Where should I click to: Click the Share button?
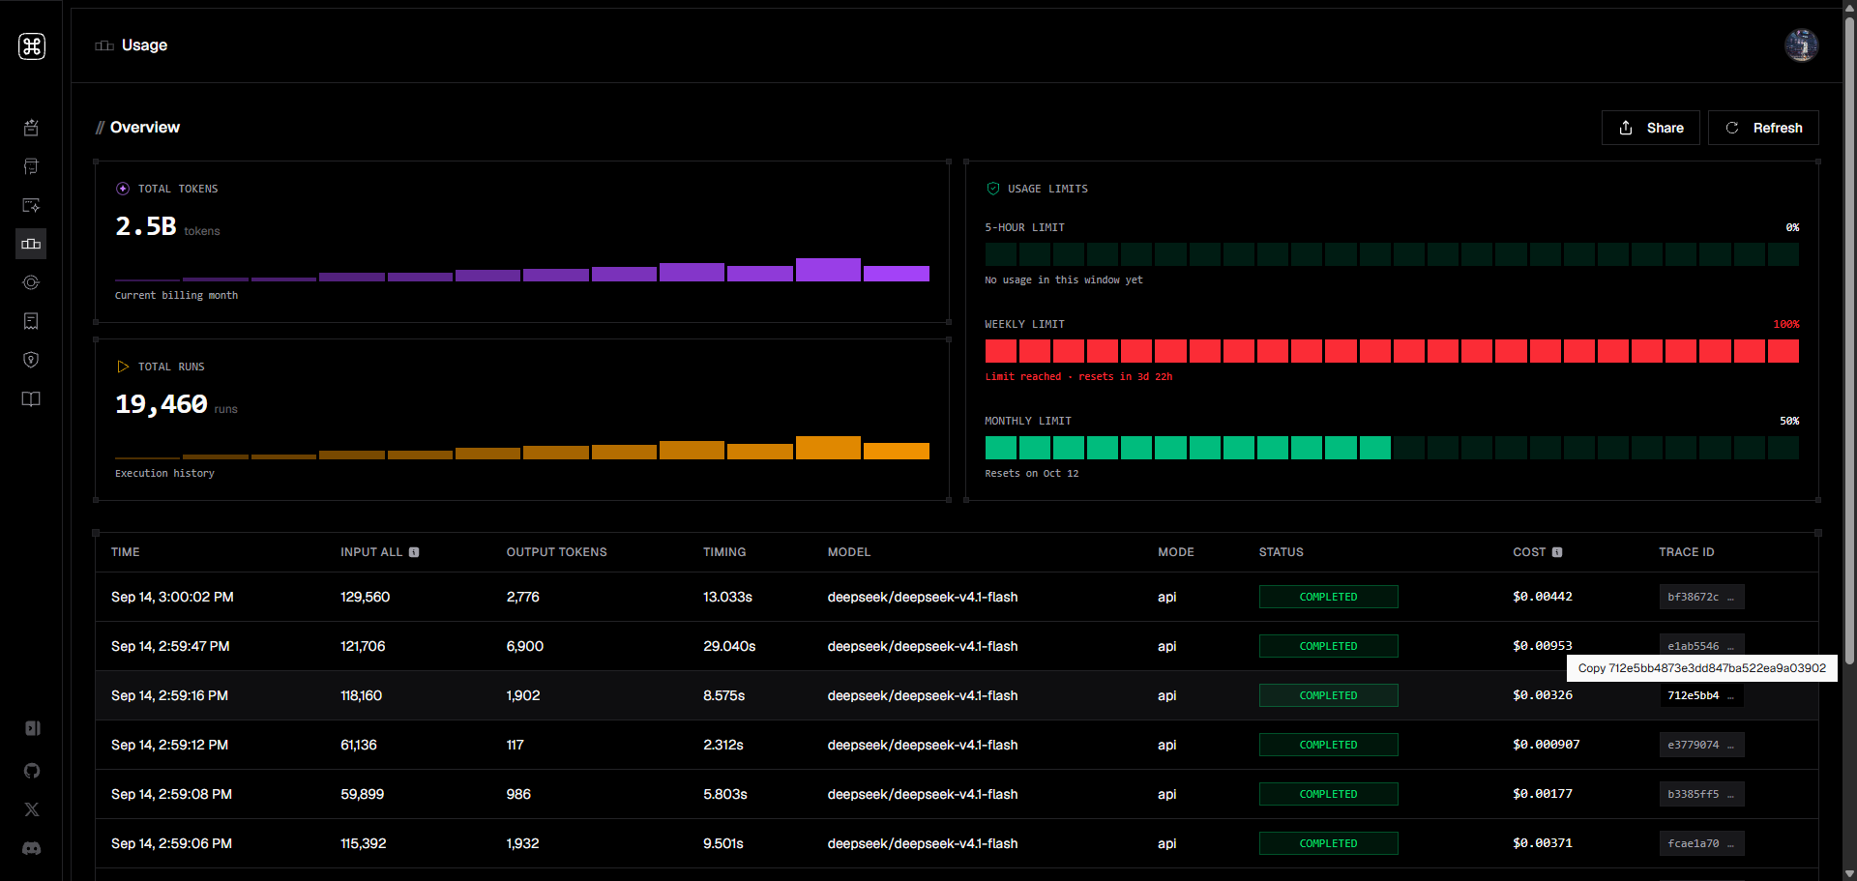pyautogui.click(x=1650, y=128)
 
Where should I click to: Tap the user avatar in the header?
pyautogui.click(x=1801, y=45)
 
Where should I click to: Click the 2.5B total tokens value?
pyautogui.click(x=146, y=226)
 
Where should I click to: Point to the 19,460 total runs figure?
pyautogui.click(x=162, y=404)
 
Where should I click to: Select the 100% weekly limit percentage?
pyautogui.click(x=1785, y=324)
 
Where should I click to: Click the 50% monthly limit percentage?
pyautogui.click(x=1789, y=421)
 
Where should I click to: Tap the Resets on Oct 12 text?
pyautogui.click(x=1031, y=473)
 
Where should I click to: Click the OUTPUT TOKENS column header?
pyautogui.click(x=556, y=552)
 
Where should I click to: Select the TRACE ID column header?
pyautogui.click(x=1686, y=552)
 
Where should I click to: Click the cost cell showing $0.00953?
pyautogui.click(x=1542, y=646)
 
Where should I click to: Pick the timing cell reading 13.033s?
pyautogui.click(x=727, y=597)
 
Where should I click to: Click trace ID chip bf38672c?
pyautogui.click(x=1701, y=597)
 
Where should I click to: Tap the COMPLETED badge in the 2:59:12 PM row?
pyautogui.click(x=1328, y=745)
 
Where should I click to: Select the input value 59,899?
pyautogui.click(x=362, y=794)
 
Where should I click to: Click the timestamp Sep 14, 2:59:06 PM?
pyautogui.click(x=171, y=843)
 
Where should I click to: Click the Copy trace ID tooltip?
pyautogui.click(x=1701, y=668)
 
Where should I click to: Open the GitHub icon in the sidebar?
pyautogui.click(x=32, y=771)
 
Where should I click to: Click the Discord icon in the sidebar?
pyautogui.click(x=32, y=848)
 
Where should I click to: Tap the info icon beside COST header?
pyautogui.click(x=1557, y=552)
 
